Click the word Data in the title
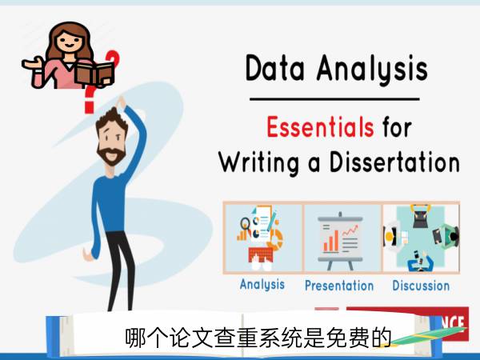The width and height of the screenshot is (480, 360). pyautogui.click(x=275, y=68)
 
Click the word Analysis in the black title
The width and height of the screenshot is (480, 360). pyautogui.click(x=372, y=70)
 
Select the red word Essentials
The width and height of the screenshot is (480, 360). pyautogui.click(x=320, y=126)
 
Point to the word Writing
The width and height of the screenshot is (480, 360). pyautogui.click(x=258, y=163)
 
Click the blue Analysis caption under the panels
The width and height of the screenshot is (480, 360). pyautogui.click(x=262, y=285)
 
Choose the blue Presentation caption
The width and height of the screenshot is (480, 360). pyautogui.click(x=339, y=286)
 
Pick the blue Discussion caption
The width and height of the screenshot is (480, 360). pyautogui.click(x=421, y=286)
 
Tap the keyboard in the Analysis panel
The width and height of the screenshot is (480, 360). pyautogui.click(x=261, y=254)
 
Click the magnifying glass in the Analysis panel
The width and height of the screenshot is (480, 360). pyautogui.click(x=246, y=224)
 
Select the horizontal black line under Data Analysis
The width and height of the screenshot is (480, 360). pyautogui.click(x=334, y=99)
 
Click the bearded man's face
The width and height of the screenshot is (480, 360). pyautogui.click(x=111, y=141)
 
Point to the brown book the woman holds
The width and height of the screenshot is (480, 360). pyautogui.click(x=95, y=74)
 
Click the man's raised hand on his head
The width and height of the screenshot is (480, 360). pyautogui.click(x=120, y=102)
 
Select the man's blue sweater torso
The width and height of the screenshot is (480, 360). pyautogui.click(x=111, y=203)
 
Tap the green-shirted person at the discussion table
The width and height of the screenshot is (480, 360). pyautogui.click(x=447, y=235)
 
